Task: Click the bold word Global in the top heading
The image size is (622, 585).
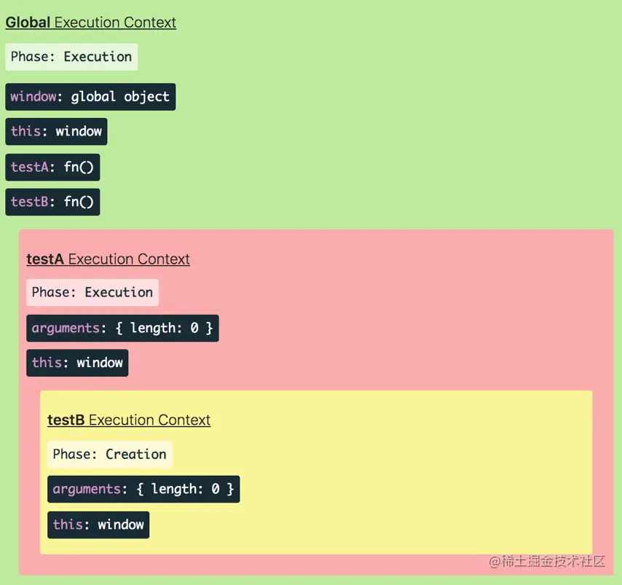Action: coord(28,23)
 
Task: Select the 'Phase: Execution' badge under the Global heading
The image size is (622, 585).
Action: coord(71,57)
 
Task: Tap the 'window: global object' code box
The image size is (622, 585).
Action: coord(90,97)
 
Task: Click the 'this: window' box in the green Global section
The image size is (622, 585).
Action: coord(56,132)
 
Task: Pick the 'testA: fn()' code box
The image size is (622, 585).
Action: coord(52,167)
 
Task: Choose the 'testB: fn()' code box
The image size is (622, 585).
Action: coord(52,202)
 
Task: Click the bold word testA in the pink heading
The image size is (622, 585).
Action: coord(45,259)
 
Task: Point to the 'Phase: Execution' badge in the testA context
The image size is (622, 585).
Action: coord(92,293)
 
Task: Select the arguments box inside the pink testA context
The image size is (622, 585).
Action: coord(122,329)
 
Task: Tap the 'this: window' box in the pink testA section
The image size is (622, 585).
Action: coord(77,363)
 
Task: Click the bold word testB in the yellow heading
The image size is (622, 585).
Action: coord(66,420)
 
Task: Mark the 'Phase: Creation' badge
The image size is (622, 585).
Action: coord(110,455)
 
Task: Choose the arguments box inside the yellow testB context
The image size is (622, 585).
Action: coord(143,489)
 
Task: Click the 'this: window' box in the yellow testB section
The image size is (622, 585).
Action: coord(98,525)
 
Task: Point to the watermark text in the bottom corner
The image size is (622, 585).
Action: coord(547,561)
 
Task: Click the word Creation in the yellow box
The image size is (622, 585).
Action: coord(136,455)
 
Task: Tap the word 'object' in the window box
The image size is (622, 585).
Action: coord(146,97)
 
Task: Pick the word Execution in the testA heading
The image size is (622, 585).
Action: coord(101,259)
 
